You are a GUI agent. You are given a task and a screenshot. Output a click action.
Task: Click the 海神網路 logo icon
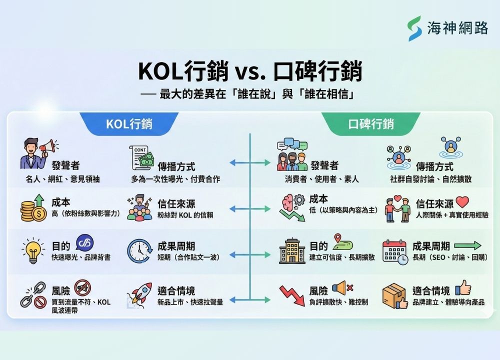(x=414, y=28)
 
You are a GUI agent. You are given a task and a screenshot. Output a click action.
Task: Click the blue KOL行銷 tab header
(x=129, y=124)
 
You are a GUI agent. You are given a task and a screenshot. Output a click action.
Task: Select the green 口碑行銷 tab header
(x=370, y=124)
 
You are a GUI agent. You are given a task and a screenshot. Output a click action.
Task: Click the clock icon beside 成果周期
(x=139, y=251)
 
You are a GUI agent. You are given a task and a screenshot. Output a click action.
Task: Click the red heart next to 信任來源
(x=462, y=202)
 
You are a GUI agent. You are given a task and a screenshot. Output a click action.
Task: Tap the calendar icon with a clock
(x=394, y=251)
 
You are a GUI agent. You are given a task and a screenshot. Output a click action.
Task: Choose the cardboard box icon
(x=394, y=295)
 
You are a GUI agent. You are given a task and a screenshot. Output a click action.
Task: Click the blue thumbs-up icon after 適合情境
(x=462, y=287)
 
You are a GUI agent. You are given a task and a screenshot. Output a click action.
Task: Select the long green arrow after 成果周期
(x=467, y=245)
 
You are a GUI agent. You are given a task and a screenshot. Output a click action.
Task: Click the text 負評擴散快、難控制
(x=338, y=302)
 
